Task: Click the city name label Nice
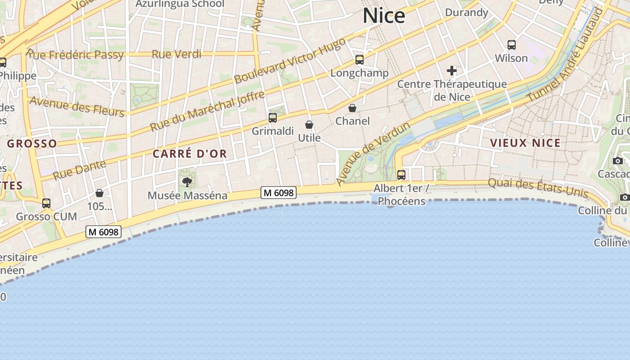pos(384,16)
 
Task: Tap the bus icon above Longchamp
pos(359,60)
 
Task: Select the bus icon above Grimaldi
pos(273,118)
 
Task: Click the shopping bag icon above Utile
pos(309,125)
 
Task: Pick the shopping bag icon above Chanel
pos(352,108)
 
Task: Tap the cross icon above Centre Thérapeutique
pos(452,71)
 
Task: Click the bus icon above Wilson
pos(512,45)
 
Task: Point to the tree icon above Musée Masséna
pos(187,182)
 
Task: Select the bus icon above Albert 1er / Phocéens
pos(401,175)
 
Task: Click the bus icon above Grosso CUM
pos(46,203)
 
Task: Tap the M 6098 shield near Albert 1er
pos(279,193)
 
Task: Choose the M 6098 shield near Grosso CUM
pos(104,232)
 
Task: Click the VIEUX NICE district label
pos(525,143)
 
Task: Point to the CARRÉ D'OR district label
pos(189,154)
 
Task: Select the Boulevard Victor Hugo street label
pos(290,61)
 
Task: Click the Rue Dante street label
pos(79,170)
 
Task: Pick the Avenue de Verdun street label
pos(373,153)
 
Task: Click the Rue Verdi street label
pos(176,54)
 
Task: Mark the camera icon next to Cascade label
pos(618,161)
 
